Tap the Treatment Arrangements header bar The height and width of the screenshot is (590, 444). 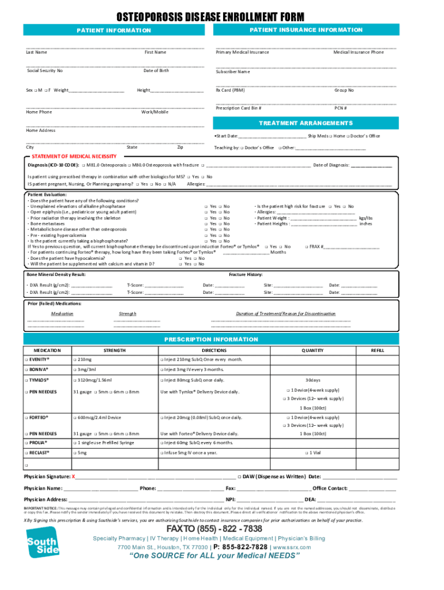pyautogui.click(x=305, y=123)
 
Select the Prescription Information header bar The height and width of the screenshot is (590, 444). pyautogui.click(x=211, y=339)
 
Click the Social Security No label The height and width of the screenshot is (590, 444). pyautogui.click(x=45, y=70)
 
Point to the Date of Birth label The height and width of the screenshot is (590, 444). pyautogui.click(x=156, y=70)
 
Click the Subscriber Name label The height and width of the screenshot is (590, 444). pyautogui.click(x=232, y=72)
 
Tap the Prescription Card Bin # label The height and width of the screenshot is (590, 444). pyautogui.click(x=239, y=108)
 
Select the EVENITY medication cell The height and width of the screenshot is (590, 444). pyautogui.click(x=38, y=360)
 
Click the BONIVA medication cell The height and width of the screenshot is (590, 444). pyautogui.click(x=37, y=369)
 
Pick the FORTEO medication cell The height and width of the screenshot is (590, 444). pyautogui.click(x=37, y=417)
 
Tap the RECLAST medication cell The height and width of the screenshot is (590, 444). pyautogui.click(x=38, y=453)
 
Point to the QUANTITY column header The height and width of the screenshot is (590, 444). pyautogui.click(x=313, y=350)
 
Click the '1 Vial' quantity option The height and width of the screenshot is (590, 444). pyautogui.click(x=313, y=453)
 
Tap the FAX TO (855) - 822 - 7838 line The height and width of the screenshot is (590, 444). pyautogui.click(x=214, y=529)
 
